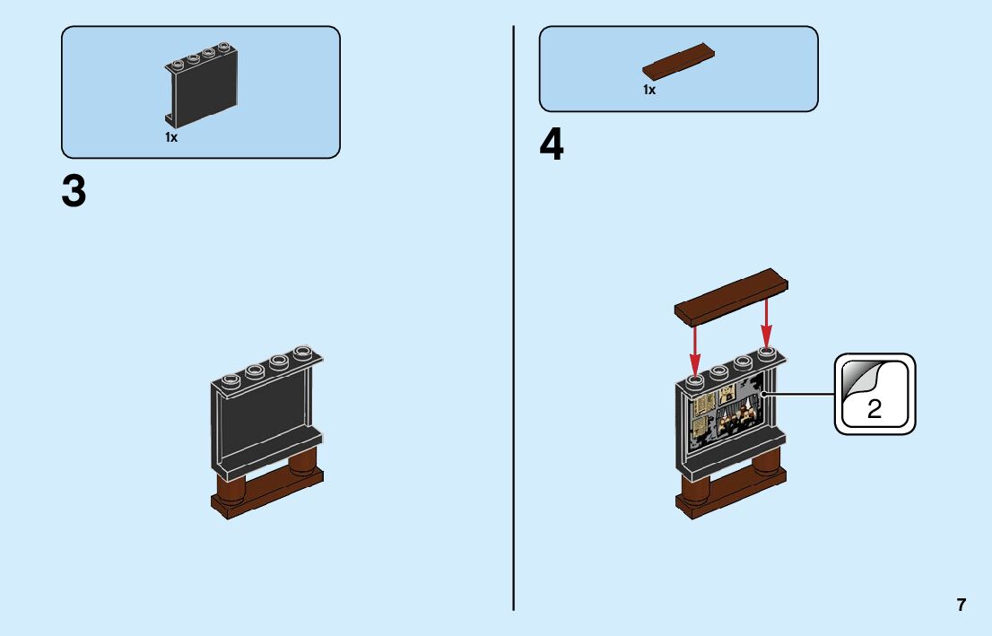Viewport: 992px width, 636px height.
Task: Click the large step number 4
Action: tap(552, 146)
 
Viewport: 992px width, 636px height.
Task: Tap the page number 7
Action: tap(961, 605)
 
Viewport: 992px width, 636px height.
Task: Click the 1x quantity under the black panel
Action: tap(170, 137)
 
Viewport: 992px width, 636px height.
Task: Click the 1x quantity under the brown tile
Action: tap(648, 90)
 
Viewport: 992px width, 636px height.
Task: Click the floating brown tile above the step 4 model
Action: tap(731, 296)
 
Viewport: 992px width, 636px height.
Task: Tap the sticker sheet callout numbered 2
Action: tap(875, 395)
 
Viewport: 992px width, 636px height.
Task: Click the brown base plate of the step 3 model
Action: tap(269, 498)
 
